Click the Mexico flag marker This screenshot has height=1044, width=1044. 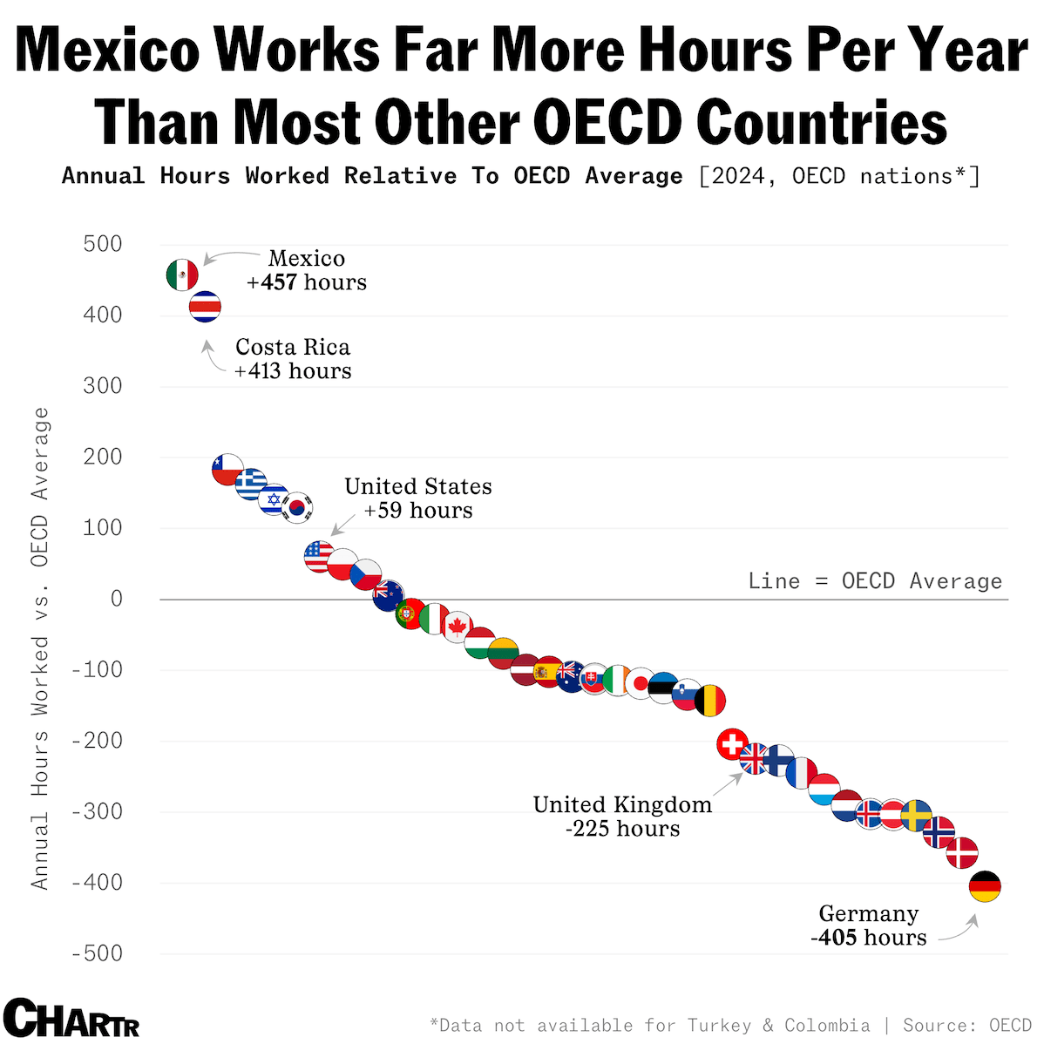click(182, 275)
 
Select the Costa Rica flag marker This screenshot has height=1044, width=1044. click(206, 307)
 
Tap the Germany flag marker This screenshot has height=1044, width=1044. click(985, 886)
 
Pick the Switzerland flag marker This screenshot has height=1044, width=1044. click(732, 744)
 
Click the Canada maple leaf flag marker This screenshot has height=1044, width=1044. click(457, 627)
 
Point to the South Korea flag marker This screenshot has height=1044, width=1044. click(297, 507)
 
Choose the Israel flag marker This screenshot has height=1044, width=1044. click(275, 499)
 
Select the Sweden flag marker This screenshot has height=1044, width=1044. click(916, 816)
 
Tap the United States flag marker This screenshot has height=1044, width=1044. click(319, 555)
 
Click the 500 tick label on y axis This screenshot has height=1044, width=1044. click(103, 244)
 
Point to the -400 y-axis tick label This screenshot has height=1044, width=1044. click(97, 883)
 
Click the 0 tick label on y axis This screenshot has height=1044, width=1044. click(116, 599)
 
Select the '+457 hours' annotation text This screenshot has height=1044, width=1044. click(307, 282)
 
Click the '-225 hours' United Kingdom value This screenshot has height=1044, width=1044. click(622, 828)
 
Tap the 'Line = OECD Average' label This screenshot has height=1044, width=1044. click(875, 581)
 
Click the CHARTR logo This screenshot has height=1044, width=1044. click(71, 1017)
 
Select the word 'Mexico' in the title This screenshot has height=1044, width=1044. click(107, 50)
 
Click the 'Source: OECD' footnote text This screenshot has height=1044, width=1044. click(966, 1025)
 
